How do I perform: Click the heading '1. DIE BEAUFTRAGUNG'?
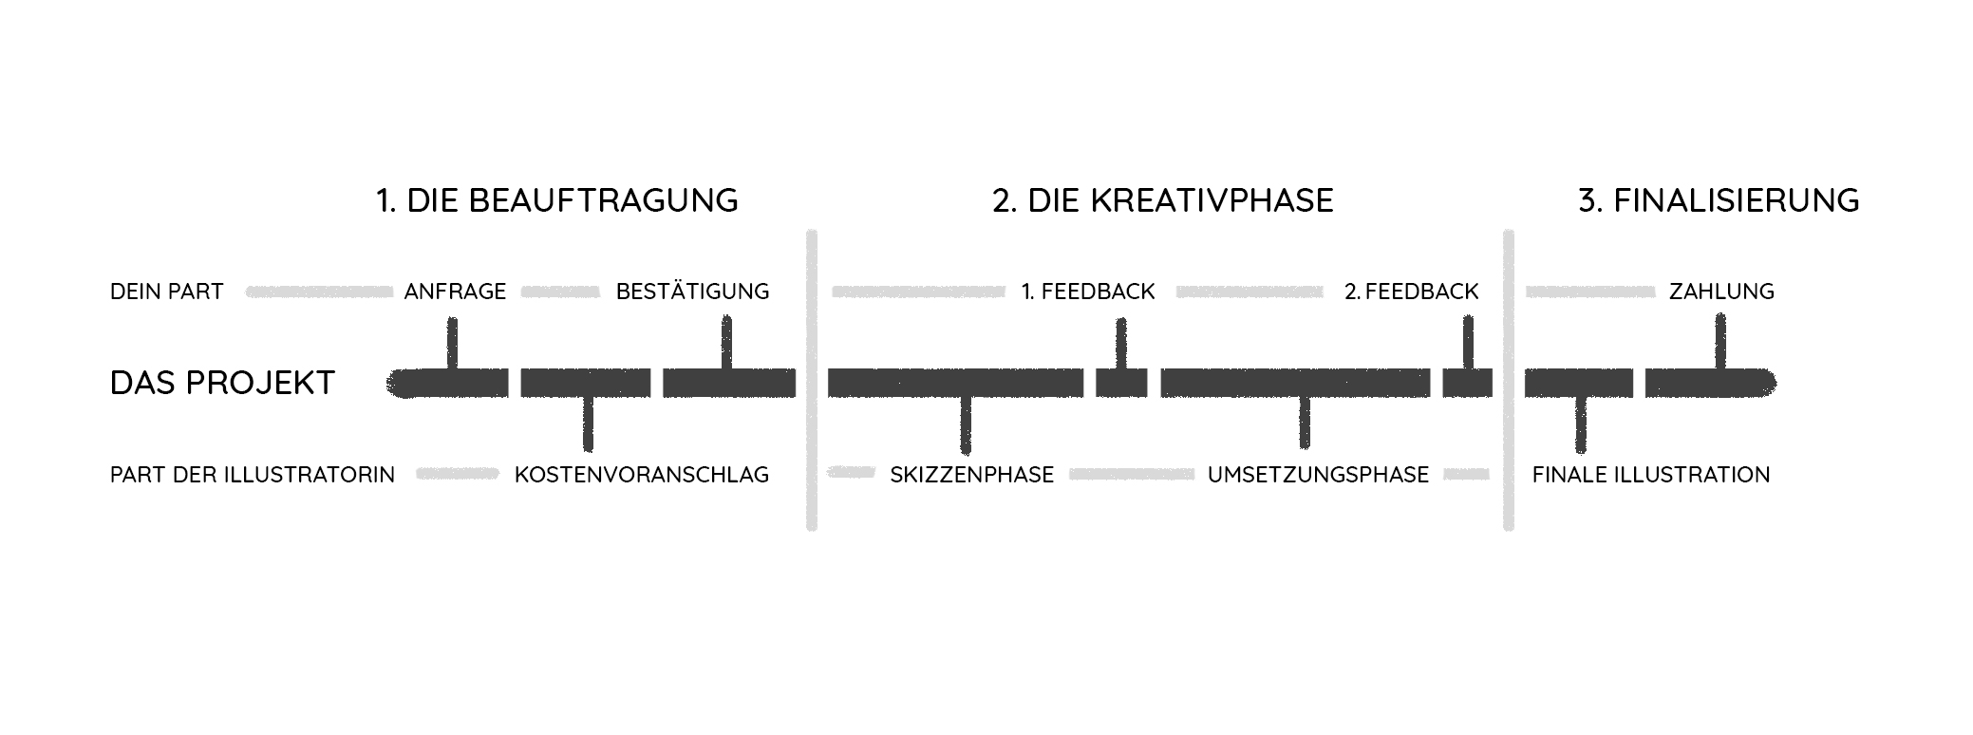point(556,200)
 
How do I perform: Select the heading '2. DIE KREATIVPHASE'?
point(1162,200)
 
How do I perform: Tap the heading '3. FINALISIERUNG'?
point(1718,200)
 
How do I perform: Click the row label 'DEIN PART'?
point(167,292)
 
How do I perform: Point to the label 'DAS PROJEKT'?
point(222,383)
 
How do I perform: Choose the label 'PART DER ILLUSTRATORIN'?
point(253,475)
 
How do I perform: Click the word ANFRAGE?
point(455,292)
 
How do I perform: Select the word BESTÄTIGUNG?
point(692,292)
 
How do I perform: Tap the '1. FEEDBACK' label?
point(1088,292)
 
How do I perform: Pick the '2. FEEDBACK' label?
point(1411,292)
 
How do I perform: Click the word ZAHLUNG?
point(1721,292)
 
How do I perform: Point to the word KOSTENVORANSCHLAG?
point(642,475)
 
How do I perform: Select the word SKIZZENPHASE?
point(971,475)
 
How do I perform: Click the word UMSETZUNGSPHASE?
point(1318,475)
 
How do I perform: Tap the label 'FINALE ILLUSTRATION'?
point(1651,475)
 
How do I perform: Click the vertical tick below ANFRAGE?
point(452,342)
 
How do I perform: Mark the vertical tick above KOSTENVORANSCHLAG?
point(588,424)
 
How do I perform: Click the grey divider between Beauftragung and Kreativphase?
point(812,380)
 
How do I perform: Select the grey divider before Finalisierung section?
point(1509,380)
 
